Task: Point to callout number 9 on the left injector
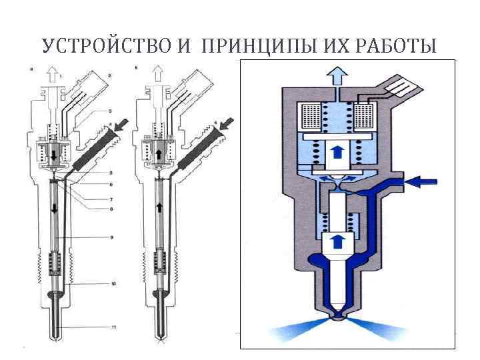click(x=113, y=237)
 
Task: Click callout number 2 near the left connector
click(x=109, y=76)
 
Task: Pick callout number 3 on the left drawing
click(x=111, y=109)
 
